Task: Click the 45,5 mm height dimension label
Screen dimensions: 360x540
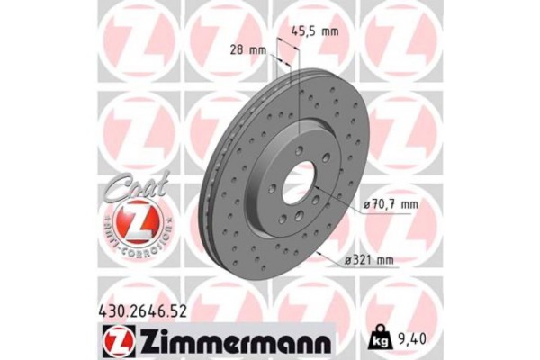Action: (314, 31)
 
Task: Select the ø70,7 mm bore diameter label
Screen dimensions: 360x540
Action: (391, 204)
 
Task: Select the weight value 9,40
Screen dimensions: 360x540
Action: (410, 339)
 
